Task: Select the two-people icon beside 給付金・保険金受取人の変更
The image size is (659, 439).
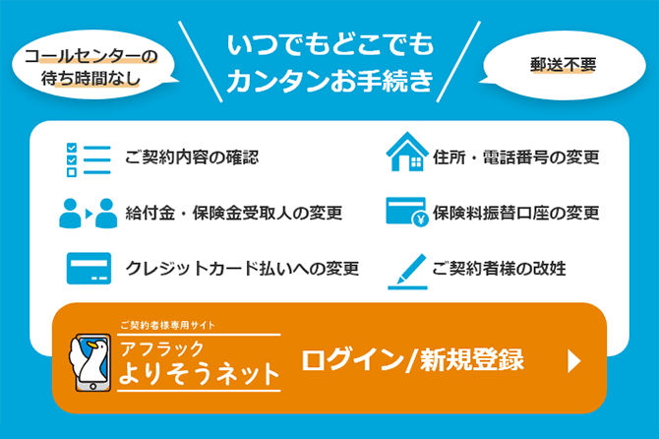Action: pos(88,213)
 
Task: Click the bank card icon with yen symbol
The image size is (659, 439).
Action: pos(406,213)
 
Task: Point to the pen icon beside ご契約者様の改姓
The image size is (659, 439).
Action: pos(406,269)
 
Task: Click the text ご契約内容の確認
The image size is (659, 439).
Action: pos(192,157)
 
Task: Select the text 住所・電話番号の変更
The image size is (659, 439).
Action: pos(515,157)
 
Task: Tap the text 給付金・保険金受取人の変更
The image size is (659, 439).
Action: pos(233,213)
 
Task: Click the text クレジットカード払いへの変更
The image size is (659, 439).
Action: pos(242,269)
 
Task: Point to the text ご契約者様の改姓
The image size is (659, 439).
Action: pos(499,269)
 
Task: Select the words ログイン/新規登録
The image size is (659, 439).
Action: pos(412,360)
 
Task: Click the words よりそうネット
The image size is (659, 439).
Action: pos(199,374)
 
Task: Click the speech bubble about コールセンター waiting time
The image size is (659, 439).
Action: pos(91,66)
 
